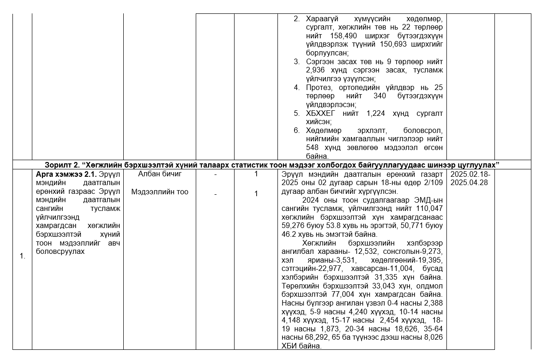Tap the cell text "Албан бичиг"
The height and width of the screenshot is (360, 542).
pos(160,174)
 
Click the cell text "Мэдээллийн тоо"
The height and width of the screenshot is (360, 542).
pos(160,192)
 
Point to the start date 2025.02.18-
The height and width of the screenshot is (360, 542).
pos(470,174)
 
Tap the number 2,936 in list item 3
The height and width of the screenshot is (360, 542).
pos(316,70)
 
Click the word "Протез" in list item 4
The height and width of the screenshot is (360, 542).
pos(319,87)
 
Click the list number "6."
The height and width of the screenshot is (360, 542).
pos(297,130)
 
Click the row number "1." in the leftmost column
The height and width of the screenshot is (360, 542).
pos(22,257)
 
